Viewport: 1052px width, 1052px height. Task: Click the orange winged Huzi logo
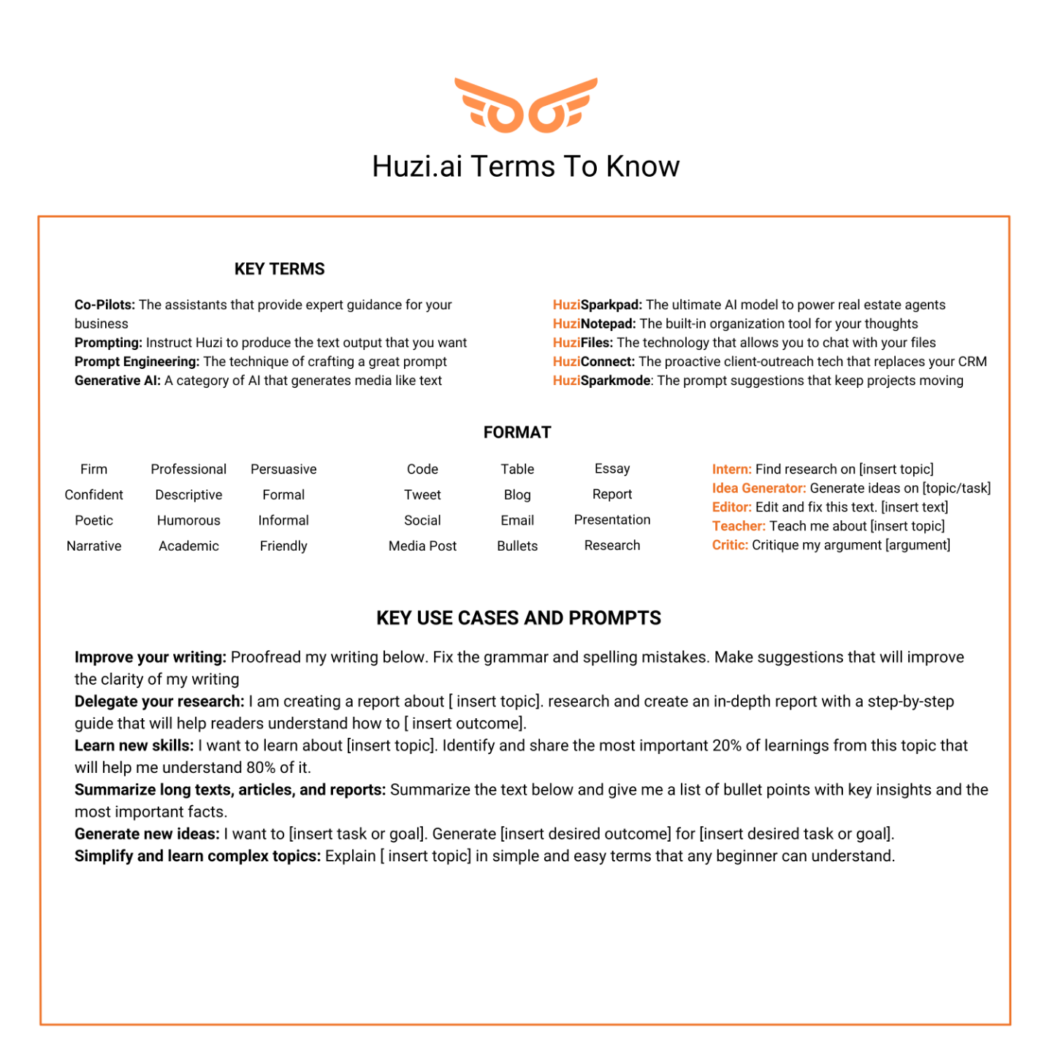[525, 105]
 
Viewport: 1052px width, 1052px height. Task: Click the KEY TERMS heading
[279, 269]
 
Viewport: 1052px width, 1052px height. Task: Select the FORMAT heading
[517, 432]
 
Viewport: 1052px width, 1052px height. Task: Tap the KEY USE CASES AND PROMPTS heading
[518, 618]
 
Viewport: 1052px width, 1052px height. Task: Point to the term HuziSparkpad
[597, 305]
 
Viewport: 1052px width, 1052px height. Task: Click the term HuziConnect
[593, 362]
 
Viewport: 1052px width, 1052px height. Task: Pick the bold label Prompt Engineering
[137, 362]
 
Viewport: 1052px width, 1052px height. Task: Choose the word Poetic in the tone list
[94, 520]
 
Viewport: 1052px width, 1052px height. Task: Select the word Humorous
[188, 520]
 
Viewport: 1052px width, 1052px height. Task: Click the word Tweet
[422, 495]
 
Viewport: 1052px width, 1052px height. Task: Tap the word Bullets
[517, 546]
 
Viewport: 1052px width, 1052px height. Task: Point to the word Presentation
[612, 519]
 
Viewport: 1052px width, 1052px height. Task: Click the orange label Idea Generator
[758, 488]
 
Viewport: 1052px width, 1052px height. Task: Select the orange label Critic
[730, 545]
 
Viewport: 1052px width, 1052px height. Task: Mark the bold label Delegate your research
[159, 701]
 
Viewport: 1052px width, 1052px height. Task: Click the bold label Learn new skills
[134, 745]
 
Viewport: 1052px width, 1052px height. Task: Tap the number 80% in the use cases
[261, 768]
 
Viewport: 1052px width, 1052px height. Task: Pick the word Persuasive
[283, 469]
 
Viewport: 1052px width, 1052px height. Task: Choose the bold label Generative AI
[117, 381]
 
